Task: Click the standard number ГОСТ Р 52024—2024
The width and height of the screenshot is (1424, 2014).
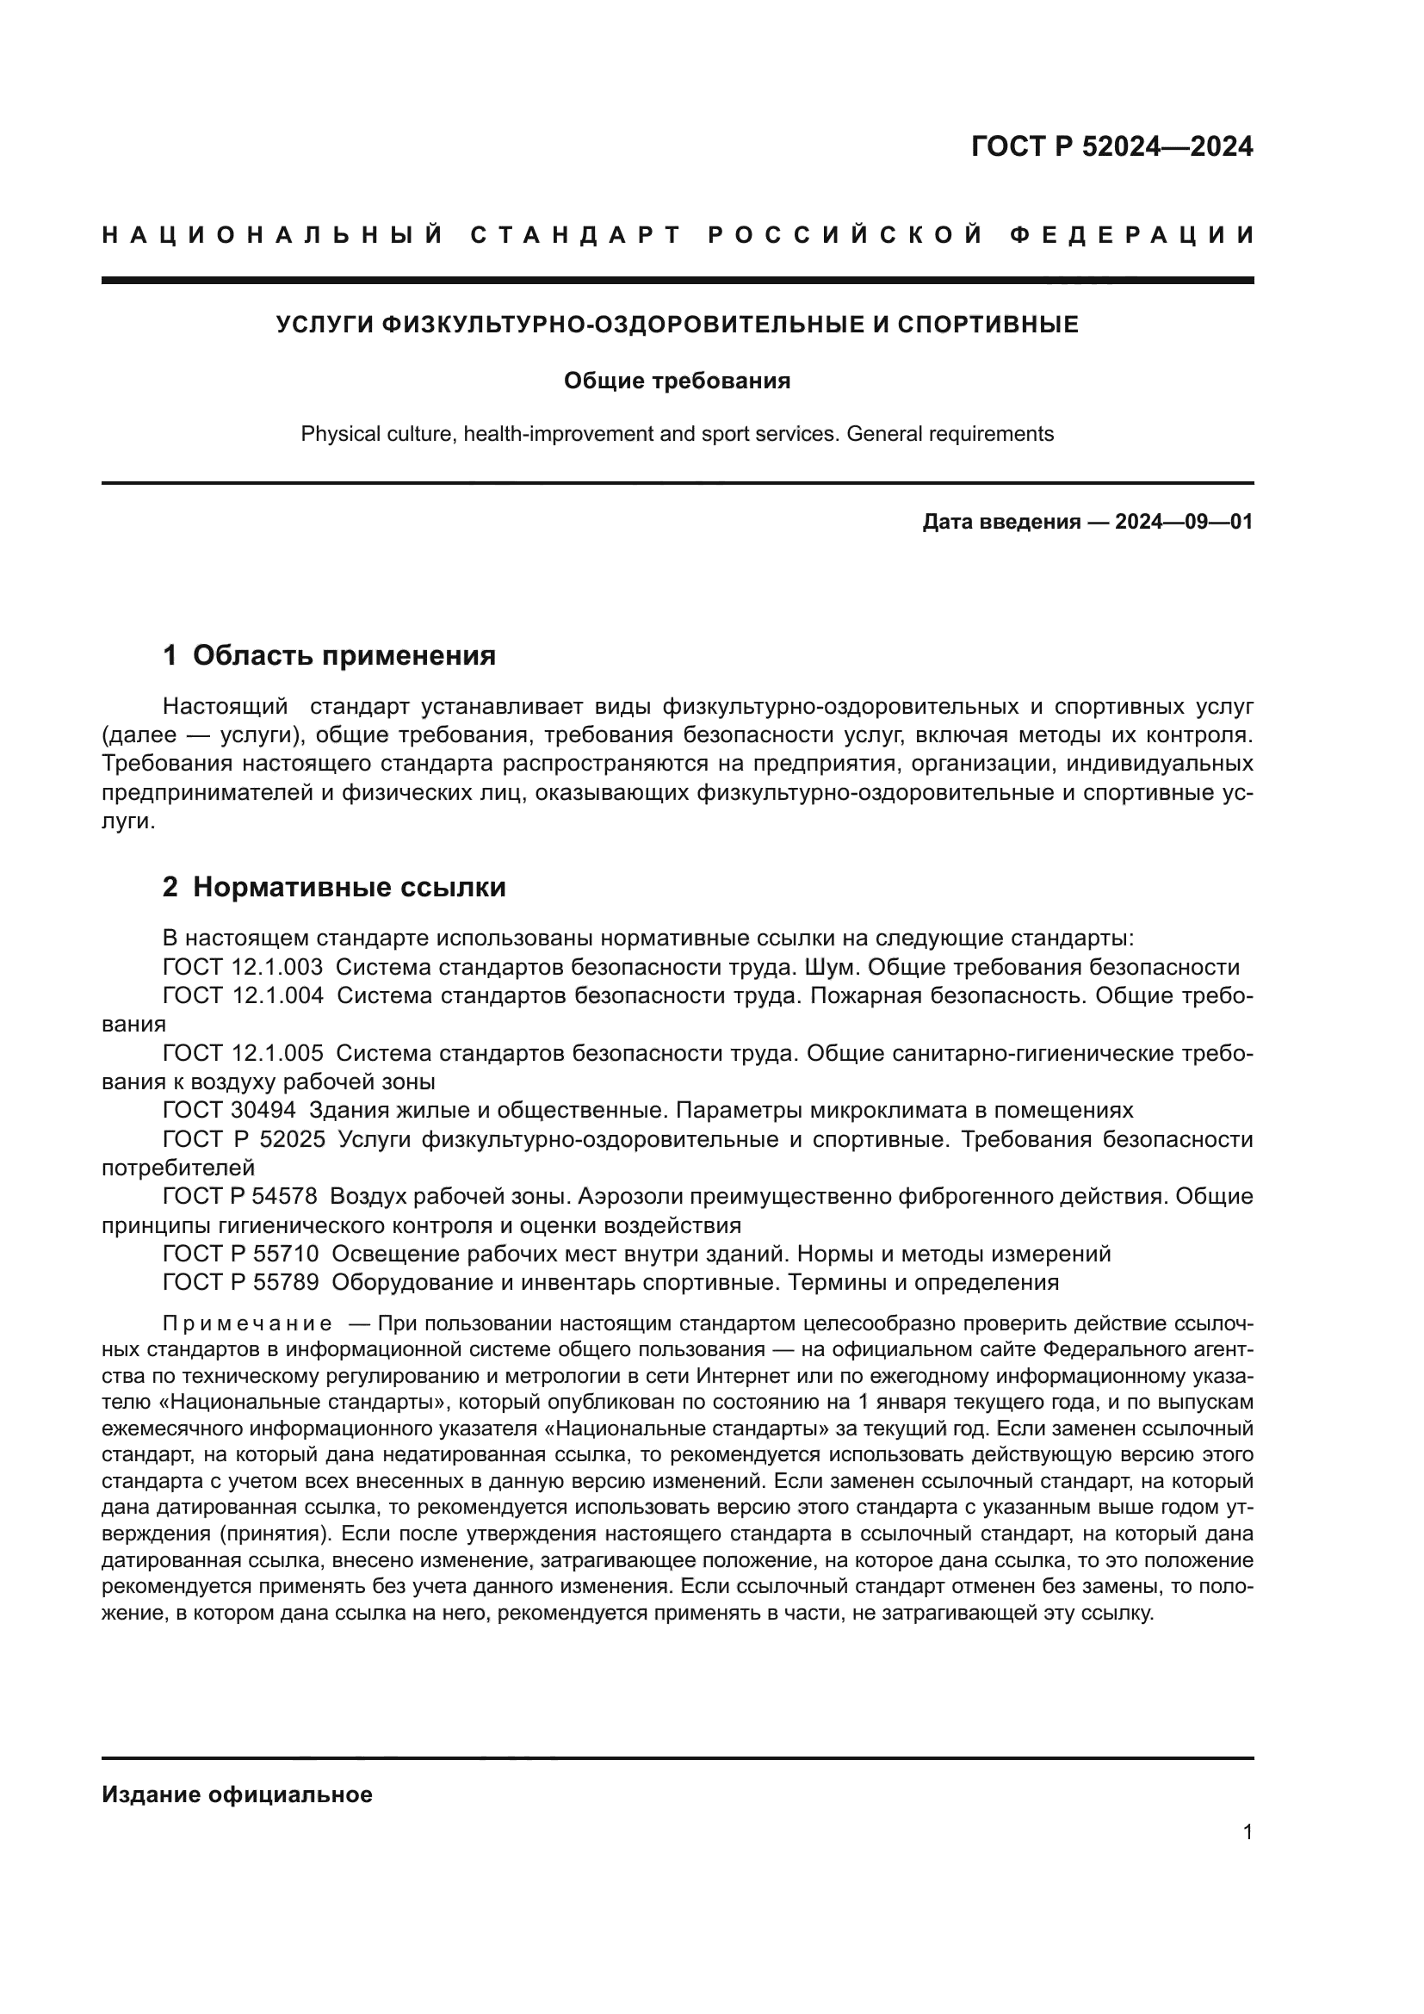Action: [1111, 146]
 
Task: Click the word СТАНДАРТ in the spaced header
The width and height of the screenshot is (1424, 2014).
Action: [576, 235]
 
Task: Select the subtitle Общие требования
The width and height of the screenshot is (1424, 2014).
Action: [676, 381]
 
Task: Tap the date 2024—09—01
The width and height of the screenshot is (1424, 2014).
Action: [1183, 523]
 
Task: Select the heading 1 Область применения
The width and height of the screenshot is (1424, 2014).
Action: [330, 655]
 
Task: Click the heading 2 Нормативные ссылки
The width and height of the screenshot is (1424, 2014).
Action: [334, 888]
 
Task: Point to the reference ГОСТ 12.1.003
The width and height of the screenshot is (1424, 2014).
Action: [242, 968]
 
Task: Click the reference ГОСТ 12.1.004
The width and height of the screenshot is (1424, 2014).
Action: [242, 995]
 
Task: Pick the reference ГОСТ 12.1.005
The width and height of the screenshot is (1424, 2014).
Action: [242, 1052]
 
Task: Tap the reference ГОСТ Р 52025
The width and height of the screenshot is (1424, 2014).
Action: [244, 1139]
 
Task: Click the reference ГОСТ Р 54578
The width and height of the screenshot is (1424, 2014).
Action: [240, 1197]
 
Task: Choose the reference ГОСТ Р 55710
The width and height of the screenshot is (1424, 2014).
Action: [240, 1255]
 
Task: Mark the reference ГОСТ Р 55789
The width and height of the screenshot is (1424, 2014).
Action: [240, 1282]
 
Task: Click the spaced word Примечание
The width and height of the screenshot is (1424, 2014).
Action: [247, 1323]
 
